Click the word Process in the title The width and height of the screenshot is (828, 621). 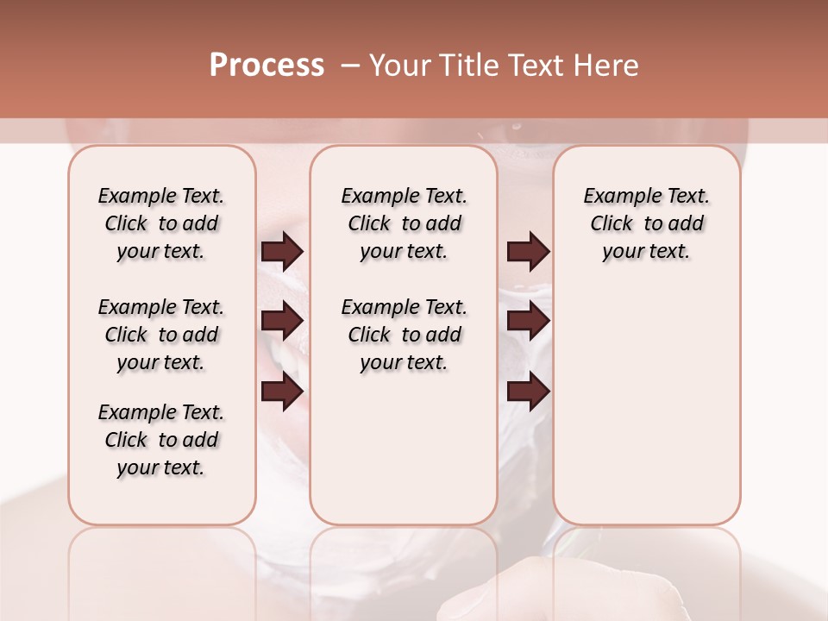click(267, 66)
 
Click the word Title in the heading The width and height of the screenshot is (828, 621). click(464, 66)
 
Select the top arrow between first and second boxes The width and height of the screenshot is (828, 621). click(282, 251)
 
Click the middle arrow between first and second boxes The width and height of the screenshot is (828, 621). click(282, 321)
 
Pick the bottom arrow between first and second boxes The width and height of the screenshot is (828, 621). click(282, 392)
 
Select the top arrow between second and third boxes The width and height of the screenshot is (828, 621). click(528, 251)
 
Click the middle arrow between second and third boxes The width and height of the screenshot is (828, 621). click(528, 321)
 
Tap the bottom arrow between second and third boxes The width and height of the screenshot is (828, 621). click(528, 392)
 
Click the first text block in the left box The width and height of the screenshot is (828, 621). click(161, 223)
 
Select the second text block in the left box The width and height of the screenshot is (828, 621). click(161, 335)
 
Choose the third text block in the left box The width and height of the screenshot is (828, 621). click(161, 440)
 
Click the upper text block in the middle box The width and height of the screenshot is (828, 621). click(404, 223)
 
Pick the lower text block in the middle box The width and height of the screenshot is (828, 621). click(404, 335)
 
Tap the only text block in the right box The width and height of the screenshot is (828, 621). click(646, 223)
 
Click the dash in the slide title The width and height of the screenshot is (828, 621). click(350, 66)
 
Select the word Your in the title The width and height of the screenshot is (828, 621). click(398, 66)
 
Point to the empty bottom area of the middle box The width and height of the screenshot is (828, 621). click(404, 457)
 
